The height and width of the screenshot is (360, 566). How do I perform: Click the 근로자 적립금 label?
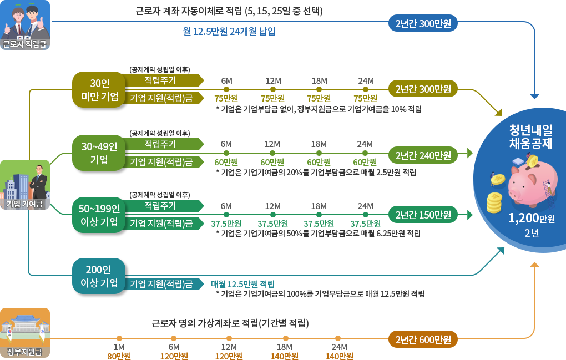(25, 44)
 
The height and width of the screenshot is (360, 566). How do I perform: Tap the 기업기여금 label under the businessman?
(25, 204)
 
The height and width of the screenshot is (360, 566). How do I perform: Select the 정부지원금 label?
(25, 353)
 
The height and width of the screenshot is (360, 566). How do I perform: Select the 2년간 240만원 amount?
(423, 155)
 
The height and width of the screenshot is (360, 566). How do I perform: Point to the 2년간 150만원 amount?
(423, 215)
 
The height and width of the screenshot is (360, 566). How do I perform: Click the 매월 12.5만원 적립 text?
(243, 283)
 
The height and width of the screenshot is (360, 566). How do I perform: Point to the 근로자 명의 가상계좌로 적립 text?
(230, 323)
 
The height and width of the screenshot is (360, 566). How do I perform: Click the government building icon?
(25, 328)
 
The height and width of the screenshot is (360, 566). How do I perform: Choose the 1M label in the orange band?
(118, 347)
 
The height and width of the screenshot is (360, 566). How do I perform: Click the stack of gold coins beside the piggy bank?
(494, 203)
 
